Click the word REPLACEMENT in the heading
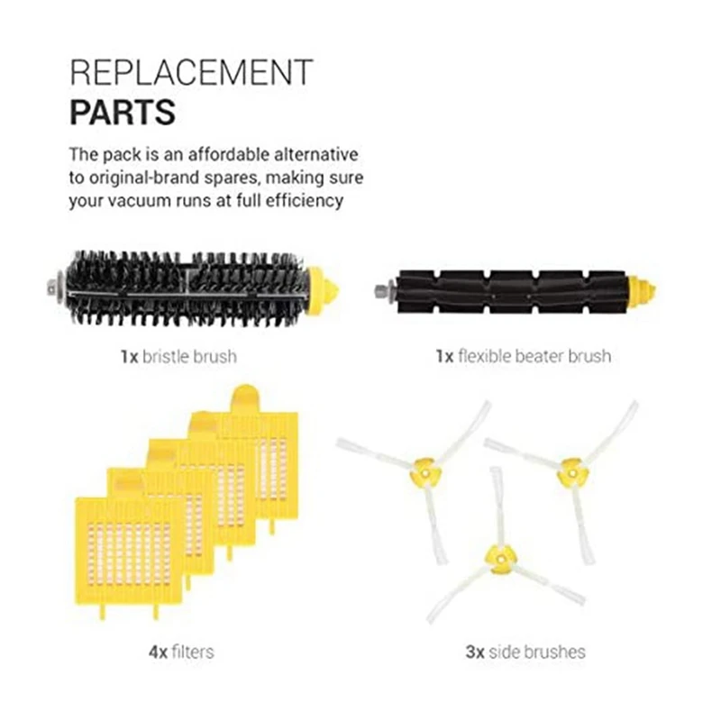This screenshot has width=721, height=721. [x=190, y=71]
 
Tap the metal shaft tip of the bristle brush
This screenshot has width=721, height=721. [x=47, y=289]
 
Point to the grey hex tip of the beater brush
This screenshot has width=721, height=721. [x=379, y=290]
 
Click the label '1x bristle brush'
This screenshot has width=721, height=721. [x=178, y=356]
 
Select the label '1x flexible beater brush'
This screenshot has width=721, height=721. [x=522, y=356]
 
